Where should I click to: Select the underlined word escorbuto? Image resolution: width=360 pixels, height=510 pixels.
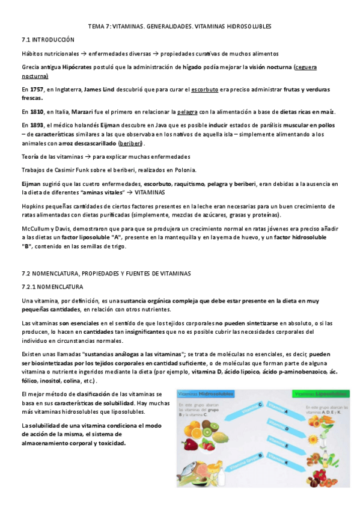(204, 89)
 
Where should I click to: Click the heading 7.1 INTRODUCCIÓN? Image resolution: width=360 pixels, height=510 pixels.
(48, 39)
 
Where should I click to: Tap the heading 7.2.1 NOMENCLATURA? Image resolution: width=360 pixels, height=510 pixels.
(52, 286)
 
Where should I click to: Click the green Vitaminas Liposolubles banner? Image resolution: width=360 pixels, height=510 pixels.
(320, 395)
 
